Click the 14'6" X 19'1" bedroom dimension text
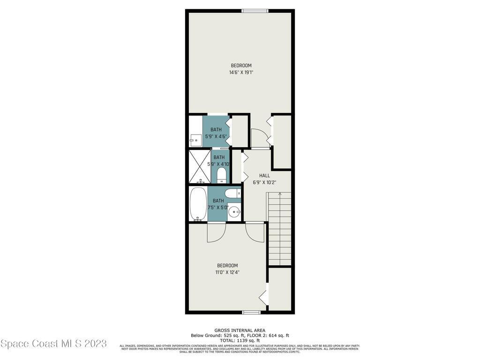point(241,73)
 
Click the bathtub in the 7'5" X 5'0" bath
point(197,204)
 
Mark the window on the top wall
point(255,11)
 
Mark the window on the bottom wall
point(251,312)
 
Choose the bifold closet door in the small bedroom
point(263,296)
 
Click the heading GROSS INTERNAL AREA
point(240,330)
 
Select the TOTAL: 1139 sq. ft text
point(240,340)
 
